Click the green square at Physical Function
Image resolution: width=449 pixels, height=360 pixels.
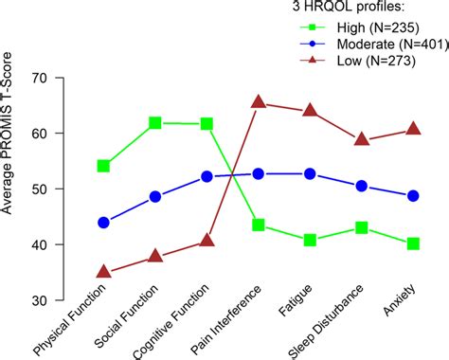pyautogui.click(x=103, y=166)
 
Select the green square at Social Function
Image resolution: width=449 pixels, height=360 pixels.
pyautogui.click(x=155, y=123)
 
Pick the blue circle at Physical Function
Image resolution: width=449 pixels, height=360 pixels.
pyautogui.click(x=103, y=223)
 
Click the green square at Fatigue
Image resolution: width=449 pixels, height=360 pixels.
pyautogui.click(x=310, y=241)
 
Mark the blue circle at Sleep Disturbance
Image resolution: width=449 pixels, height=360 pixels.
pyautogui.click(x=361, y=187)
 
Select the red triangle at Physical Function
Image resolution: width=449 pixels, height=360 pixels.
pyautogui.click(x=103, y=273)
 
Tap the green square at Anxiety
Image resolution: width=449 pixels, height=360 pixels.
pyautogui.click(x=413, y=243)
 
